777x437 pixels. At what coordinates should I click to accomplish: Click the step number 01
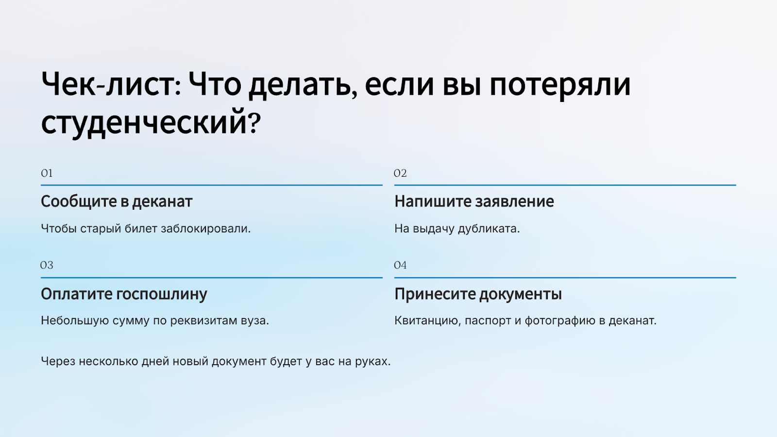(47, 173)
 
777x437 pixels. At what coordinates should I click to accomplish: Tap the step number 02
(400, 173)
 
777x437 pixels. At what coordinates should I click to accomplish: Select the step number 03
(47, 265)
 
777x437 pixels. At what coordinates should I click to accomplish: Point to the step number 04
(400, 265)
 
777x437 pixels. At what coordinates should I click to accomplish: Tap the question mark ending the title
(254, 122)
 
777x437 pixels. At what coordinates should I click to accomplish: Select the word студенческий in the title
(144, 123)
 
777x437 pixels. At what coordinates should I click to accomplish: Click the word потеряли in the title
(559, 85)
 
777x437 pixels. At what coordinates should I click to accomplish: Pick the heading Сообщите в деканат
(117, 202)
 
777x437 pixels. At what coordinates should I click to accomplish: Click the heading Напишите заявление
(474, 202)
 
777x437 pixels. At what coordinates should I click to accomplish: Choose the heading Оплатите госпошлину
(124, 294)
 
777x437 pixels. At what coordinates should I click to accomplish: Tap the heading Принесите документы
(478, 294)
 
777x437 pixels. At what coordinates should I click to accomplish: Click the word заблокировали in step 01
(205, 229)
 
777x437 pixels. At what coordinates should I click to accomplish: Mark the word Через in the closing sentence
(58, 361)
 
